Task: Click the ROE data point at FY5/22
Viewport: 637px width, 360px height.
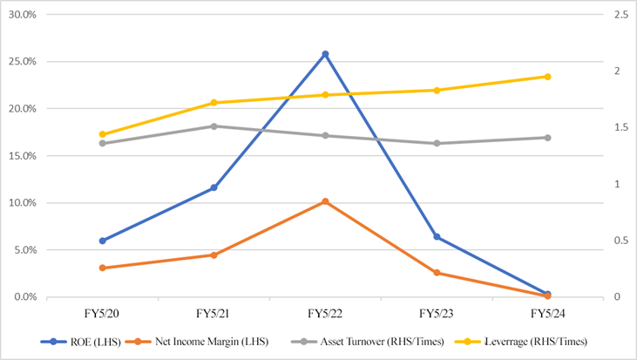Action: [325, 54]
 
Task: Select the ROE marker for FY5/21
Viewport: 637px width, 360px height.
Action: [213, 187]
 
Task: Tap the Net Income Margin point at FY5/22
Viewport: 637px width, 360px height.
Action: [325, 201]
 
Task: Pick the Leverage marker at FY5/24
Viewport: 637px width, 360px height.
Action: [547, 77]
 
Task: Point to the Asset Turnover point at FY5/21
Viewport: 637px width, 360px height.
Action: [213, 126]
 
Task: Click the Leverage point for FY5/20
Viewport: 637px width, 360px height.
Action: [102, 134]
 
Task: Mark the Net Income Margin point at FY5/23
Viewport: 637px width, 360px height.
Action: [436, 273]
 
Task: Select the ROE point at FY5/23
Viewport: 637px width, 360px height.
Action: [436, 237]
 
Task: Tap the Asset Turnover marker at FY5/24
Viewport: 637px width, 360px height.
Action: [547, 138]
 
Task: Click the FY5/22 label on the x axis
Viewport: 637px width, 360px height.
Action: [325, 313]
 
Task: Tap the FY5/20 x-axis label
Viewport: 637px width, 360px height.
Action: [102, 313]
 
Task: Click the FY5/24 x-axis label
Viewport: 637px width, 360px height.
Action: [547, 313]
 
